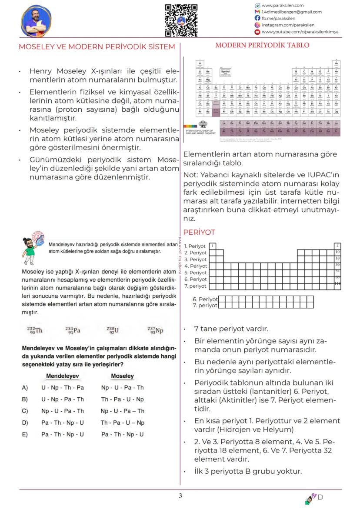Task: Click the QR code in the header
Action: pos(182,20)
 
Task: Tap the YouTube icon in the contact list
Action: pos(257,32)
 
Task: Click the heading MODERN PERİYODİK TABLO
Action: pos(262,45)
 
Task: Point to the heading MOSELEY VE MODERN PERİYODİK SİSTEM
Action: pos(97,47)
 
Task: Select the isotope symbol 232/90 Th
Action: pos(35,330)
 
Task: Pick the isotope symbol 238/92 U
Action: pos(112,330)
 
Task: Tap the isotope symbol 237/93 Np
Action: pos(155,330)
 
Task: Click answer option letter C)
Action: pos(25,411)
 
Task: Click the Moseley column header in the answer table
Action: pos(122,376)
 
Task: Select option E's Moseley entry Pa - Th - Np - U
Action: pos(122,434)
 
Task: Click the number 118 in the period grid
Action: pos(337,283)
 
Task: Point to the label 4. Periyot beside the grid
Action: pos(195,266)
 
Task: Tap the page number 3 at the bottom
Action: pos(180,496)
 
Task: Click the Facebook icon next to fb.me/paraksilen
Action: pos(257,19)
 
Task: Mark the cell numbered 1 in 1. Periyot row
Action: pos(212,246)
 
